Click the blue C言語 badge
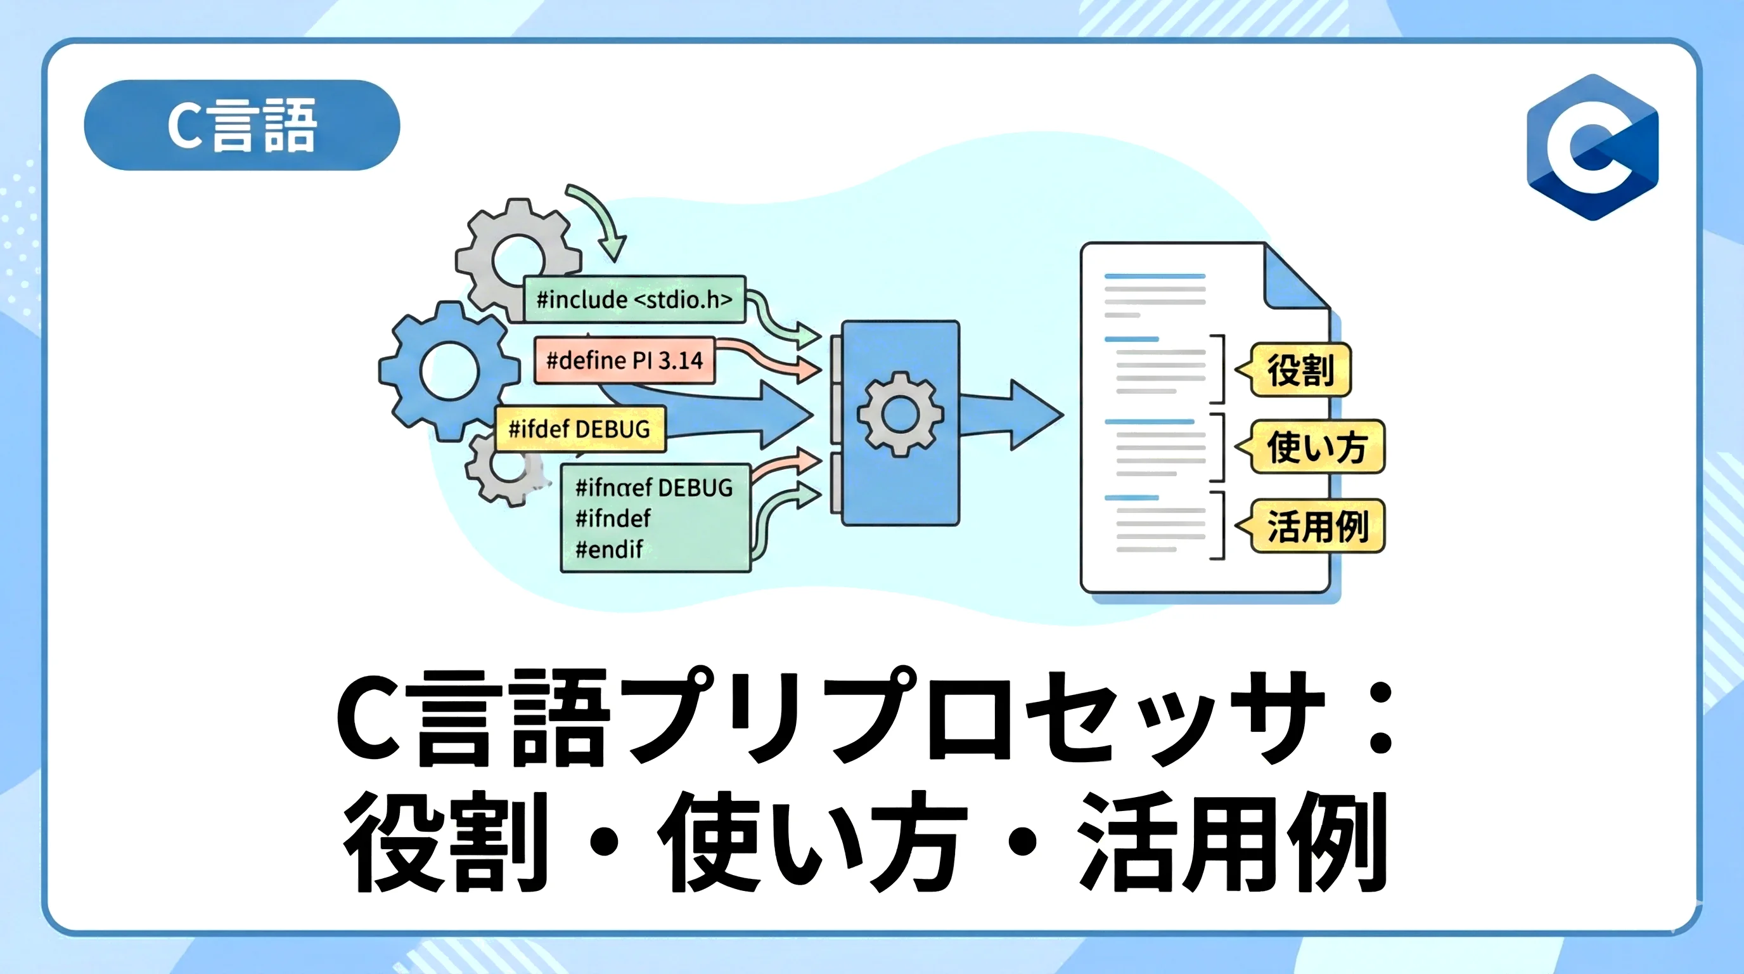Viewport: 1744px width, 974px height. coord(241,125)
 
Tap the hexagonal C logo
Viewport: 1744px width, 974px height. coord(1593,148)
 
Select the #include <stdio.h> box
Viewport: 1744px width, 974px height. coord(634,299)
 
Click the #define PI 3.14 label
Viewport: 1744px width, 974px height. coord(624,360)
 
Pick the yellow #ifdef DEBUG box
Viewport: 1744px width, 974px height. coord(579,429)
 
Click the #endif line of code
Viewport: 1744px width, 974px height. coord(608,549)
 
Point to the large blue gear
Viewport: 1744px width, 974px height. coord(449,370)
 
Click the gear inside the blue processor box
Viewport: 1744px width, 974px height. coord(900,414)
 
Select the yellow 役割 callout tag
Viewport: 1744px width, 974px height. coord(1299,370)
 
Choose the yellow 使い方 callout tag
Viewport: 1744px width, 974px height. coord(1316,447)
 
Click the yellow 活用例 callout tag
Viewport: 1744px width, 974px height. coord(1316,526)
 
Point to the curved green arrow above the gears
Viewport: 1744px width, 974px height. coord(599,218)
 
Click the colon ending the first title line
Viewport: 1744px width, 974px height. coord(1380,717)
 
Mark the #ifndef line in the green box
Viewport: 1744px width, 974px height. coord(613,519)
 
